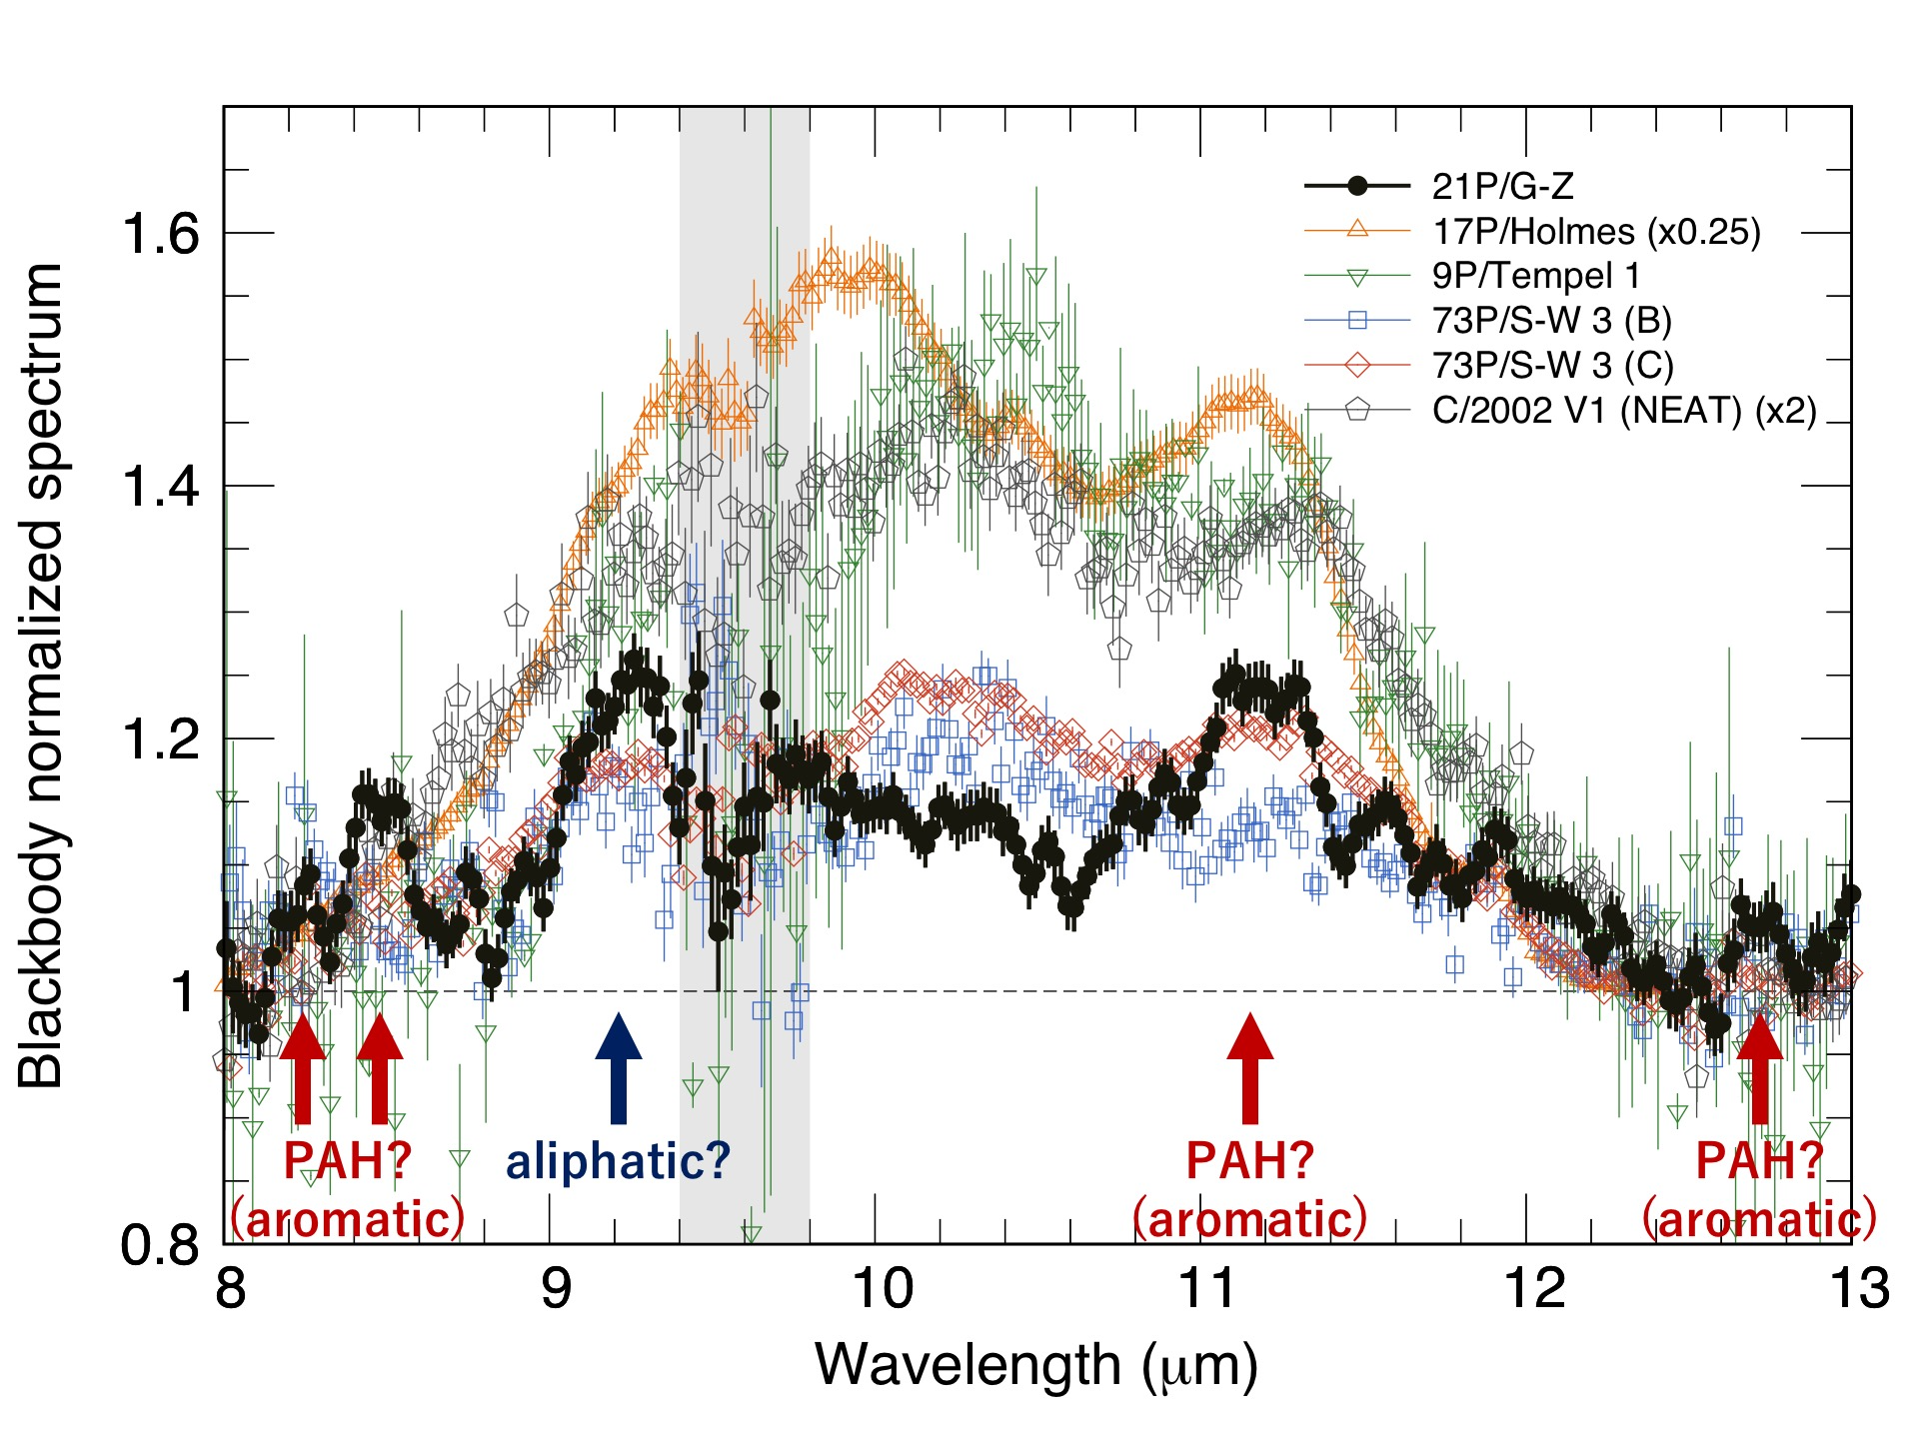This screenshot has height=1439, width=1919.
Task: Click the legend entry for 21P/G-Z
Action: (x=1502, y=186)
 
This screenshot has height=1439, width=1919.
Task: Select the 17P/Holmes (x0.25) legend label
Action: (x=1596, y=231)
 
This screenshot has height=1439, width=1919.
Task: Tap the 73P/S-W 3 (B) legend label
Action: (x=1552, y=321)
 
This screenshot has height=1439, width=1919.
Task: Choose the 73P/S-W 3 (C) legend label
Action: (x=1552, y=366)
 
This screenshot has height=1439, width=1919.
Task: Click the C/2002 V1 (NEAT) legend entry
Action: (x=1624, y=411)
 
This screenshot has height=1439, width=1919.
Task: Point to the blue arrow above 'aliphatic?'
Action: (x=619, y=1067)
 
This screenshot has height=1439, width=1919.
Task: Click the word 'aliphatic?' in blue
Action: (x=619, y=1161)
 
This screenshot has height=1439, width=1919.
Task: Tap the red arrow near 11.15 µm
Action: (x=1249, y=1067)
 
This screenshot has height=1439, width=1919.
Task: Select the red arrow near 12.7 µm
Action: (x=1760, y=1067)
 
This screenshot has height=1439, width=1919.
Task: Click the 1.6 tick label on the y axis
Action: (x=160, y=234)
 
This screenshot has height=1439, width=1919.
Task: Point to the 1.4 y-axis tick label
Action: (x=160, y=487)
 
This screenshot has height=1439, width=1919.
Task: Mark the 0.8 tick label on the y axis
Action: (x=160, y=1245)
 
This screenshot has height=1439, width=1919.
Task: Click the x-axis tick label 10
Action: (x=882, y=1288)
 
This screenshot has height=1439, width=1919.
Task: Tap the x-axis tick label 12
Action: (x=1533, y=1288)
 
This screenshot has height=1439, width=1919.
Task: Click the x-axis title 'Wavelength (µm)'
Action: (x=1036, y=1365)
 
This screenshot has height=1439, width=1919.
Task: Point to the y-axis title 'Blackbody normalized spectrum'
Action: (x=42, y=676)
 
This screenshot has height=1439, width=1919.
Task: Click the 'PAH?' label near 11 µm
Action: (x=1249, y=1161)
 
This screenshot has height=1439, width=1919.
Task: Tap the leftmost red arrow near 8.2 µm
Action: (x=303, y=1067)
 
